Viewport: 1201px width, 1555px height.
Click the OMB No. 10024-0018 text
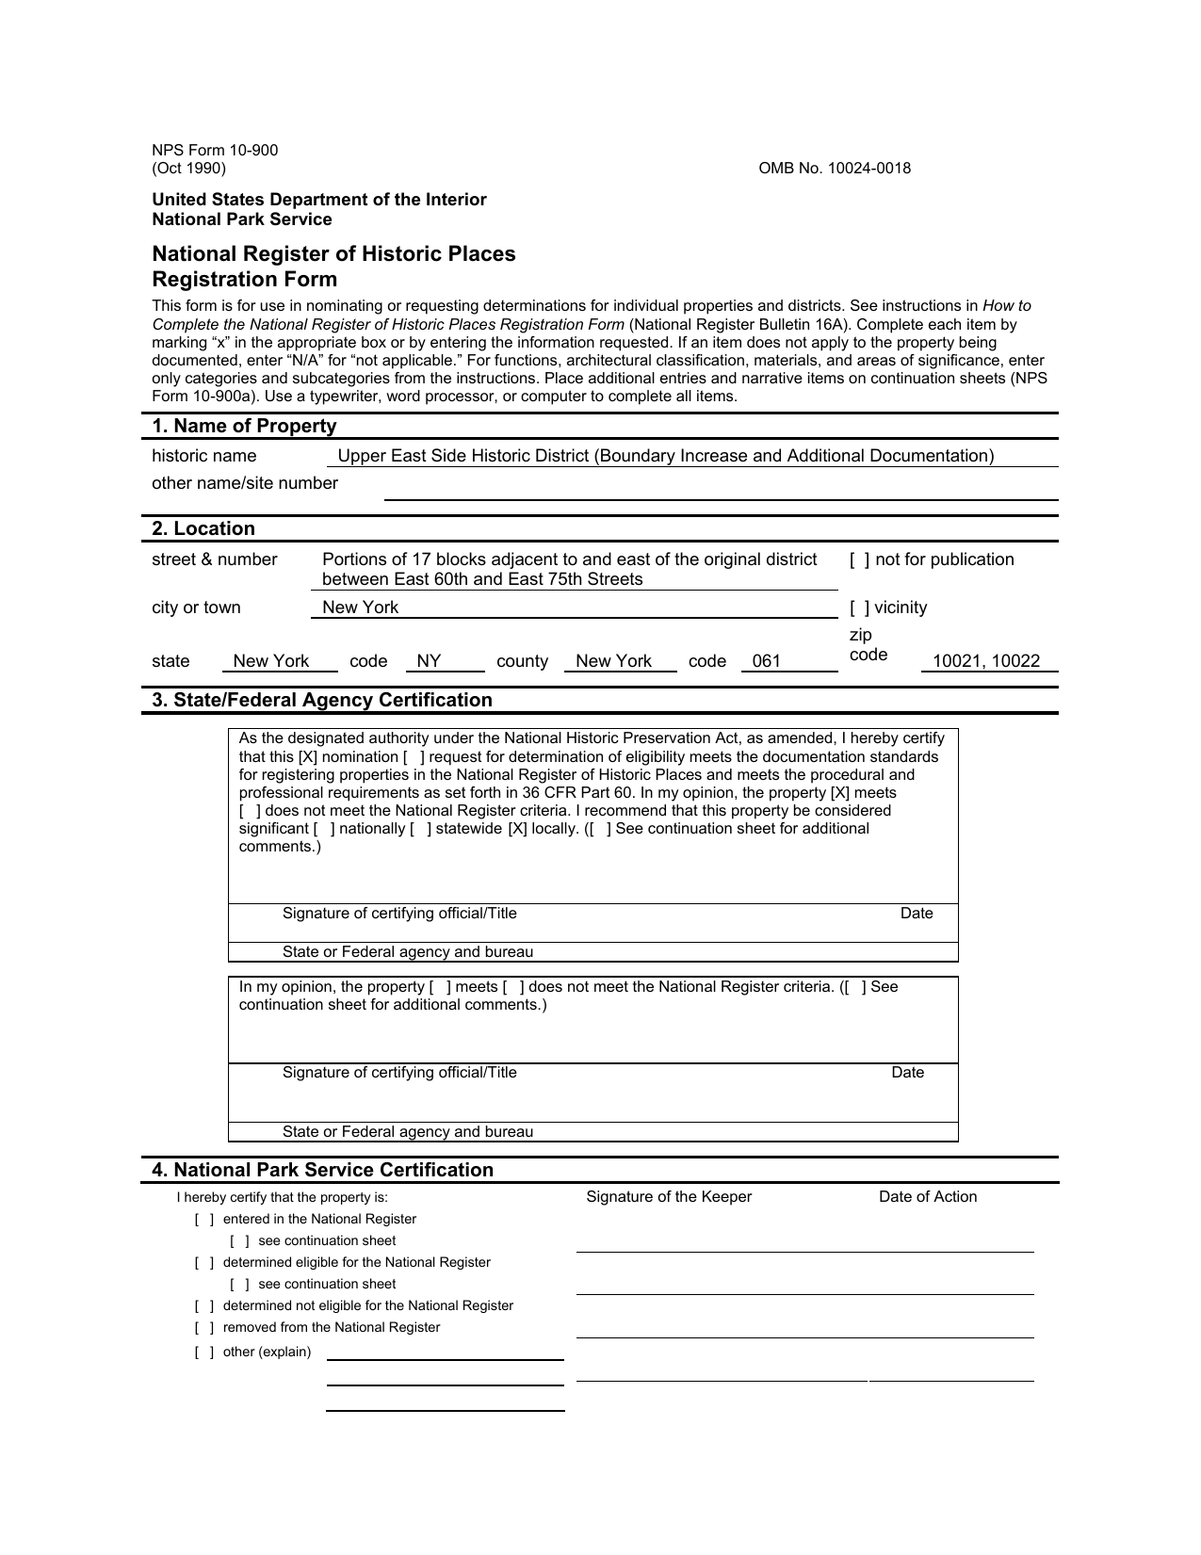coord(835,169)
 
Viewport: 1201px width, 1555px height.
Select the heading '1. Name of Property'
coord(244,427)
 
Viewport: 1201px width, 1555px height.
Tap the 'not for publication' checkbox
coord(859,560)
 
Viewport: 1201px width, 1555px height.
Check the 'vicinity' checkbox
coord(859,608)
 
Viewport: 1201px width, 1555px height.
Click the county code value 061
coord(767,661)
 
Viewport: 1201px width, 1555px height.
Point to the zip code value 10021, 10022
coord(986,661)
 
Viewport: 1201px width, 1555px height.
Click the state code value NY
coord(429,661)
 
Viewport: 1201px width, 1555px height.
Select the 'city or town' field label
coord(196,608)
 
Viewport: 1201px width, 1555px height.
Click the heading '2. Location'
coord(203,529)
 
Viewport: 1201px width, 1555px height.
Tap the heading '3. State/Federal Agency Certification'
coord(322,701)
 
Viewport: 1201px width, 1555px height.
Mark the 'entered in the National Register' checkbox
coord(204,1220)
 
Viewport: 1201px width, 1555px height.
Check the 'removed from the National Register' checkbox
coord(204,1328)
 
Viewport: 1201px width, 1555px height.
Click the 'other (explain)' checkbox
coord(204,1353)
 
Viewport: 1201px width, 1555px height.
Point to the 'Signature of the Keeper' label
coord(669,1197)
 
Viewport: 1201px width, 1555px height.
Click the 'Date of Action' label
coord(928,1197)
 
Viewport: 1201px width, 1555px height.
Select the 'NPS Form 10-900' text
coord(215,151)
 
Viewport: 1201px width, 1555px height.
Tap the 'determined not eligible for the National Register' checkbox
coord(204,1306)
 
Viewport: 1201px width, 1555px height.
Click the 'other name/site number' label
coord(245,484)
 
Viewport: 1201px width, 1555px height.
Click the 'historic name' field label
coord(203,457)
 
